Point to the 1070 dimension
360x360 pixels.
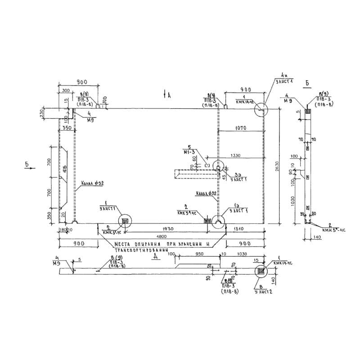pos(241,128)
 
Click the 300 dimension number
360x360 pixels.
pos(66,90)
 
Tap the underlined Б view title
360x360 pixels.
pos(306,84)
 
